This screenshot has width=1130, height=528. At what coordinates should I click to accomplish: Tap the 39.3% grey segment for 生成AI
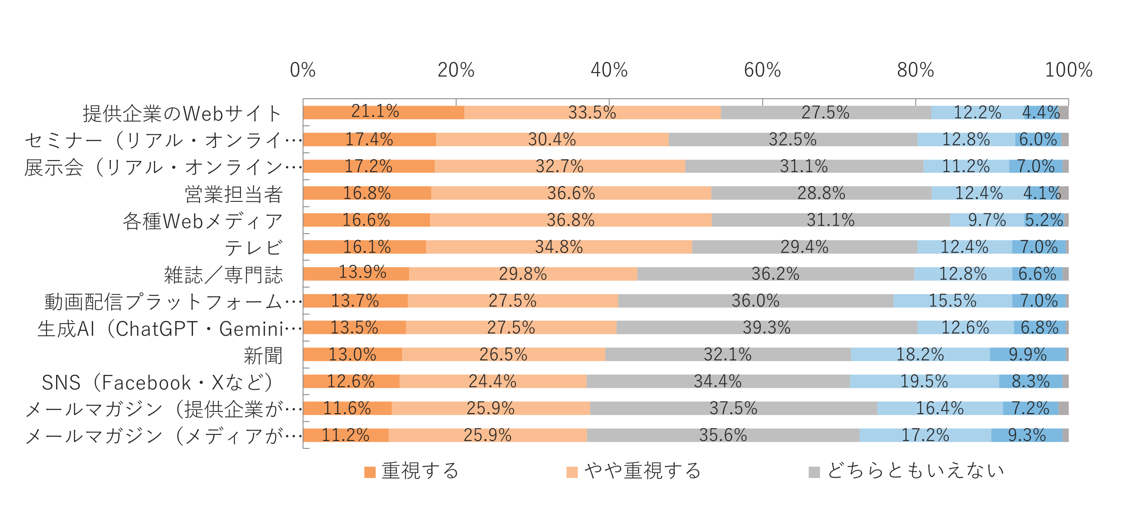tap(767, 327)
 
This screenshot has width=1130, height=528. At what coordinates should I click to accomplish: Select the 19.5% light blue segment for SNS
tap(924, 381)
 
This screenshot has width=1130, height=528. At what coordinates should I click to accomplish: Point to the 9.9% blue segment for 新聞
tap(1027, 354)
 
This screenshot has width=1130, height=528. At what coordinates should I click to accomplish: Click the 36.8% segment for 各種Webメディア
tap(570, 220)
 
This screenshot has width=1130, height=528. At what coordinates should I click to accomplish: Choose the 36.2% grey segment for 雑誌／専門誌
tap(775, 274)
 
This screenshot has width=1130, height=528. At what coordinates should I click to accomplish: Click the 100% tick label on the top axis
tap(1069, 70)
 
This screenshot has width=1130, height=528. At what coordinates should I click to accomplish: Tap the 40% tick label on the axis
tap(609, 70)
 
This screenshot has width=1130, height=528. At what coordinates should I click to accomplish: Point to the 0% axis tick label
tap(303, 70)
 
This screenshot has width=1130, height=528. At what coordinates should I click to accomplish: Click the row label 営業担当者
tap(233, 194)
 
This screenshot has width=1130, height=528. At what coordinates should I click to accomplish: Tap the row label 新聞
tap(263, 355)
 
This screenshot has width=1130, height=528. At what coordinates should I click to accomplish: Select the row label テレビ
tap(253, 248)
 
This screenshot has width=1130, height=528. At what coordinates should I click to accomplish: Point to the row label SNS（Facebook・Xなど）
tap(158, 382)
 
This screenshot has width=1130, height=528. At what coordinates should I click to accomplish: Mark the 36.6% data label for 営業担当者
tap(571, 193)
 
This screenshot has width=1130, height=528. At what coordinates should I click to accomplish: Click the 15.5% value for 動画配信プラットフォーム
tap(952, 301)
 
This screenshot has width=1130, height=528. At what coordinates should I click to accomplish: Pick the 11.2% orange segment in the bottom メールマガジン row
tap(346, 435)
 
